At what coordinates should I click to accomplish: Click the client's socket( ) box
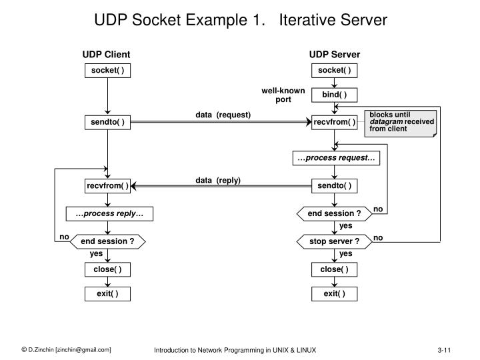(107, 71)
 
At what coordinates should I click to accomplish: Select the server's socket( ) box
(334, 71)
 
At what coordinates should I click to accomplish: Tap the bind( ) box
(334, 95)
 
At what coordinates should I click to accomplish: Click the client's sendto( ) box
(107, 122)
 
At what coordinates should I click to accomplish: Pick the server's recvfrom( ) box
(334, 122)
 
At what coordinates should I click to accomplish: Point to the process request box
(334, 158)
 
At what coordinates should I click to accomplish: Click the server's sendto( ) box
(334, 185)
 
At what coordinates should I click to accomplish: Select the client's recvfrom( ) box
(107, 185)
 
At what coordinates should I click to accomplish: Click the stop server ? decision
(334, 241)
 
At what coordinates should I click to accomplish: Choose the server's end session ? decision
(334, 213)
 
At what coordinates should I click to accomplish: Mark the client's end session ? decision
(107, 241)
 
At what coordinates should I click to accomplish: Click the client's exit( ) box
(107, 293)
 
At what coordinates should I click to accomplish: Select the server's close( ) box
(334, 269)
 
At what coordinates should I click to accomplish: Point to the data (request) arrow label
(223, 115)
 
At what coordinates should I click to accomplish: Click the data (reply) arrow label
(218, 180)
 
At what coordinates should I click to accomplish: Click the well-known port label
(283, 95)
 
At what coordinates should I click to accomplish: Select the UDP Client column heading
(106, 54)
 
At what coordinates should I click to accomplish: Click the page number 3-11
(445, 350)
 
